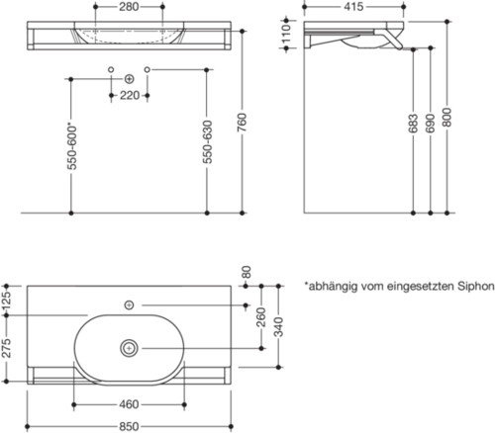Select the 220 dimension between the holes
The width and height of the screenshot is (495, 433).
[129, 96]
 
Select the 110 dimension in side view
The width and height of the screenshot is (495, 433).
[288, 38]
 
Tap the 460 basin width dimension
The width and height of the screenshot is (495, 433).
[130, 404]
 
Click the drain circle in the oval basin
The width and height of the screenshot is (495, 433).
[130, 348]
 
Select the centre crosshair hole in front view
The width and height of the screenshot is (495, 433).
[129, 78]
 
